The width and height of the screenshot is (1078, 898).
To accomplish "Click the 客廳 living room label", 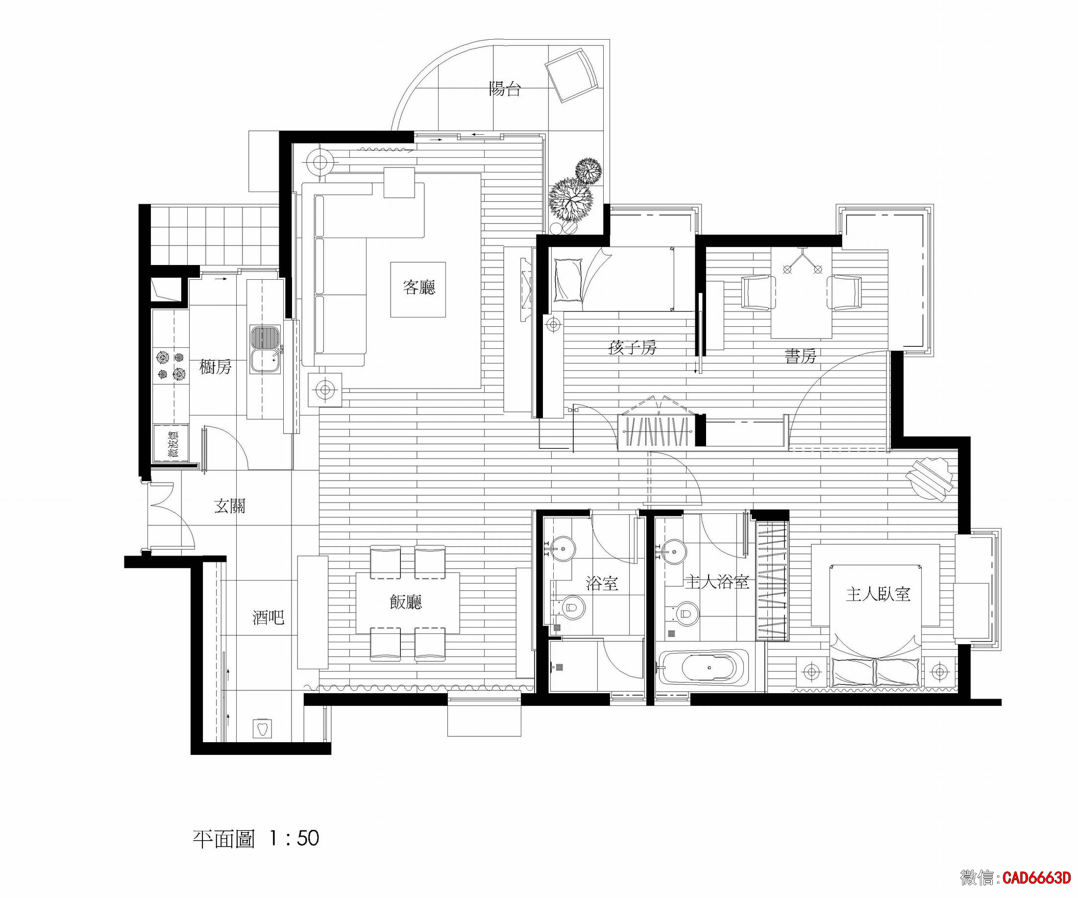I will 419,288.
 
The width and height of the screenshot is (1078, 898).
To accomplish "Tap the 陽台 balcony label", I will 505,89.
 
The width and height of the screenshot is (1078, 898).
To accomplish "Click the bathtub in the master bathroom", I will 709,668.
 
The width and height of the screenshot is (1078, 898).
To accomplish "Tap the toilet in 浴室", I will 572,607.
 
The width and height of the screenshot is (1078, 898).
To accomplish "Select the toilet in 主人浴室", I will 686,613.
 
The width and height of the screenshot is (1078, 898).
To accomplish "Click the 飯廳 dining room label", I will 406,602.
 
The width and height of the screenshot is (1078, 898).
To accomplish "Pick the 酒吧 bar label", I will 268,617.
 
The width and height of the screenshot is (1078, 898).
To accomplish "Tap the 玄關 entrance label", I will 229,507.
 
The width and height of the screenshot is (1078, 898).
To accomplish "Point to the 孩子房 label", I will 632,348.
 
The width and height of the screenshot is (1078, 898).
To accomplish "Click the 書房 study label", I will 800,356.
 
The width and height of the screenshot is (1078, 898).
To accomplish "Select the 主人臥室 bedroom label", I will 878,594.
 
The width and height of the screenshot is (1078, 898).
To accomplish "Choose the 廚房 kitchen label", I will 215,367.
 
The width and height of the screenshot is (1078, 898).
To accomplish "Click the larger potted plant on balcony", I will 570,199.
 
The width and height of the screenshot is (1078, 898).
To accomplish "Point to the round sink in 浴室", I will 563,550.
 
